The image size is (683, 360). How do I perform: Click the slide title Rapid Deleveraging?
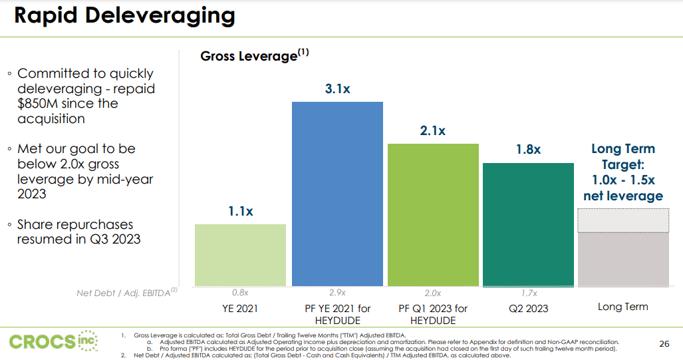124,15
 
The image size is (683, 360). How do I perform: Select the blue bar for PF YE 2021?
338,194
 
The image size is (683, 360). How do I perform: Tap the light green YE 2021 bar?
240,255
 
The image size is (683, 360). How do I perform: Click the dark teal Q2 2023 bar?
528,224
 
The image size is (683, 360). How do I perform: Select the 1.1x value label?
240,211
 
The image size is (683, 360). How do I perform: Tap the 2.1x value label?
433,131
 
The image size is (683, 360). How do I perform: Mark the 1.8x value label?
528,150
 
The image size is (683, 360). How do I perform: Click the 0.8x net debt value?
240,293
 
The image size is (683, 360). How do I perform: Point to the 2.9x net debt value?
338,293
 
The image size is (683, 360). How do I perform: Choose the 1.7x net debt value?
528,293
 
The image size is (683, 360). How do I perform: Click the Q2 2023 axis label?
528,308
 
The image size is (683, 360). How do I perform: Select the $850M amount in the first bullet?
40,104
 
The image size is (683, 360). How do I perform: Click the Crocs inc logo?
53,341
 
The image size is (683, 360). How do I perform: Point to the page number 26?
663,343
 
